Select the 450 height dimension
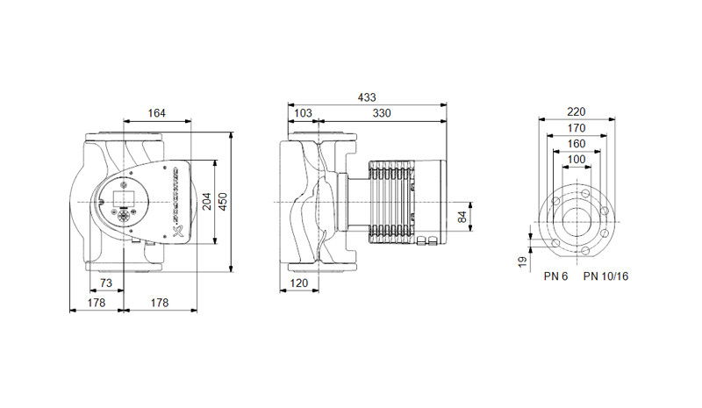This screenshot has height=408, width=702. (x=222, y=202)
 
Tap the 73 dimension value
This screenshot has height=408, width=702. (x=105, y=283)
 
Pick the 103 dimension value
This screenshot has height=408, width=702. (x=303, y=113)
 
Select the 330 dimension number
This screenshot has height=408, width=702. (x=382, y=113)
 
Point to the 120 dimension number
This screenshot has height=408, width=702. (x=300, y=283)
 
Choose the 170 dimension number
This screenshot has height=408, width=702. (x=576, y=127)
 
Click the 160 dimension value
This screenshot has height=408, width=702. (x=576, y=143)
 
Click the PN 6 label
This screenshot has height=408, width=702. (x=555, y=276)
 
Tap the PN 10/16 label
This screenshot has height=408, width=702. (x=605, y=276)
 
